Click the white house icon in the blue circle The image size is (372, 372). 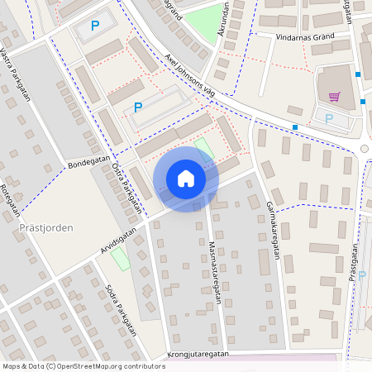coord(186,178)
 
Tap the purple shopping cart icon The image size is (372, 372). coord(335,96)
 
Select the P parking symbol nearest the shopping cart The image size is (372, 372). coord(330,118)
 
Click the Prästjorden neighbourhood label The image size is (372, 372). coord(46,227)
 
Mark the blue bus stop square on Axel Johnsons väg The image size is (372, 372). coord(295,126)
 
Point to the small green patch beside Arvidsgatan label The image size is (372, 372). coord(121,259)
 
